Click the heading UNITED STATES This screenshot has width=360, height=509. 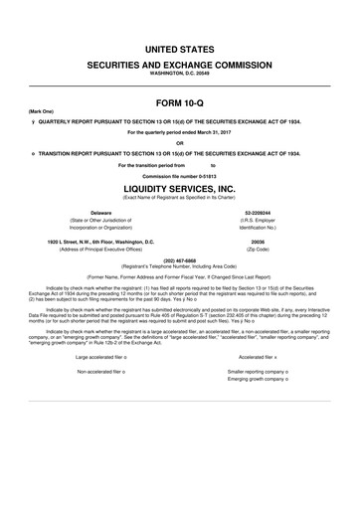180,48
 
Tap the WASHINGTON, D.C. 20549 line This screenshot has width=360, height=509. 180,75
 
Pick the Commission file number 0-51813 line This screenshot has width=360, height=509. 180,176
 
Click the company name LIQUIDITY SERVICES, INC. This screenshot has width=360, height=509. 180,188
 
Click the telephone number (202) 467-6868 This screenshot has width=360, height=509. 180,262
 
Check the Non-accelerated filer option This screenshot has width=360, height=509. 104,372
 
